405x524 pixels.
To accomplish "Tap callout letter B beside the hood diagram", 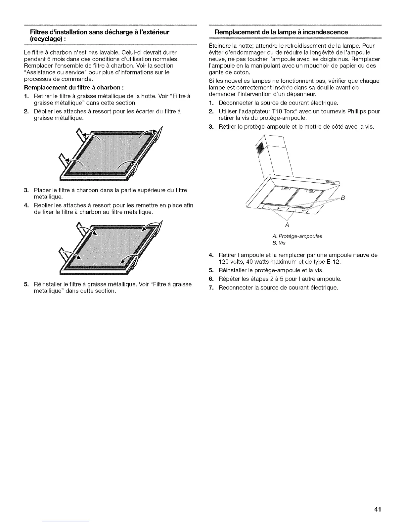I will (x=343, y=198).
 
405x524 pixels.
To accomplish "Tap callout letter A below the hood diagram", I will (x=287, y=225).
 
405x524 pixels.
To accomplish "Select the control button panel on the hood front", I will (x=331, y=182).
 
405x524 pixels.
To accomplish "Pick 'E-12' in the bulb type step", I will (x=333, y=262).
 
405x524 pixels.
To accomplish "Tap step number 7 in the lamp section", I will (x=211, y=287).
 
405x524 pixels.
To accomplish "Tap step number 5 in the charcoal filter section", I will (x=26, y=284).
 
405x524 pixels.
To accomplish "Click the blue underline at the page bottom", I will (x=66, y=521).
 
